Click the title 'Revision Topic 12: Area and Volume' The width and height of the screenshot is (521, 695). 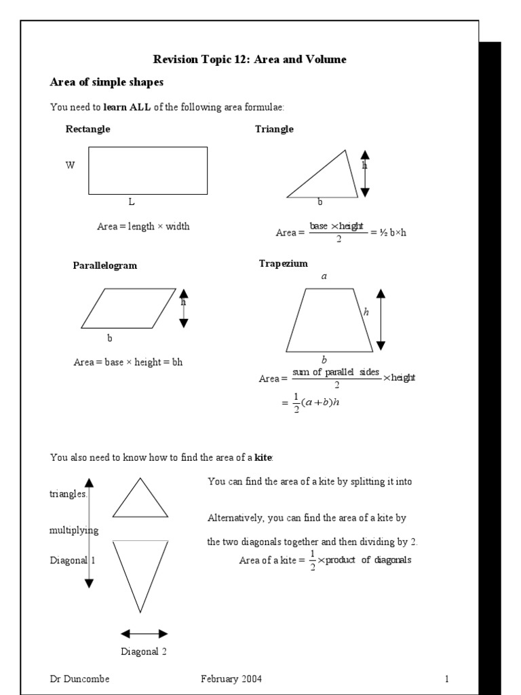250,60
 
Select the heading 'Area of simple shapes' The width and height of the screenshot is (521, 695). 107,82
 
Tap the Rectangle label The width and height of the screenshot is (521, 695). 88,129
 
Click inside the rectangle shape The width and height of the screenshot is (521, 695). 148,170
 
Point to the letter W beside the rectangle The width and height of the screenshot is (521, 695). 70,165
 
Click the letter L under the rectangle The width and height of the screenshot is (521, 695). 132,202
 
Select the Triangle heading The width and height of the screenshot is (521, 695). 274,129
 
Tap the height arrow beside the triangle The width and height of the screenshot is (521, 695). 365,174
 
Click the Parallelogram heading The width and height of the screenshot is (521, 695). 105,265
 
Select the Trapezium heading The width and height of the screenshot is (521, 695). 283,263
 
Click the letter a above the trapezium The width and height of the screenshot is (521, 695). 324,276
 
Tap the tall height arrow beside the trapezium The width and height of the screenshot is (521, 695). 381,319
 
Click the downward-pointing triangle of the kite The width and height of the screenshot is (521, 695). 140,567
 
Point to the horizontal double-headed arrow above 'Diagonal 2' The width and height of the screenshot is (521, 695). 144,634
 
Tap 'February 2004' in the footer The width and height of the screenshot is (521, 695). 231,679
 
